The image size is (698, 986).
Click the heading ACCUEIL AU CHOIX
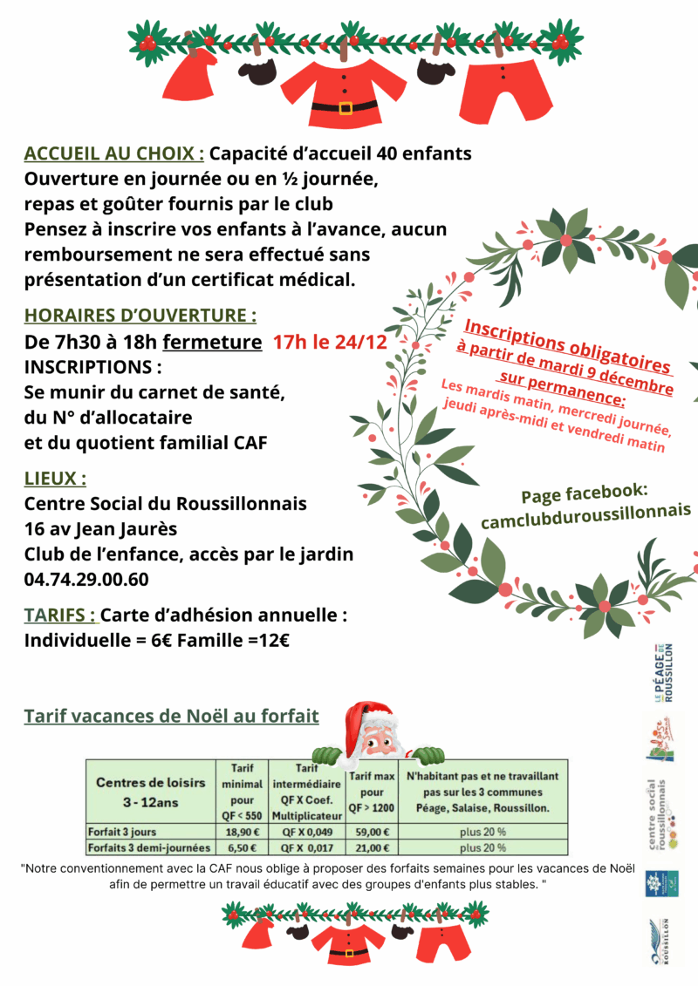[x=114, y=154]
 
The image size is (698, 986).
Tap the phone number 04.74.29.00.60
[x=86, y=579]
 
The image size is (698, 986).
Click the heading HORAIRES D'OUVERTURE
[x=140, y=315]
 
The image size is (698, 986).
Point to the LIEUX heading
[x=55, y=479]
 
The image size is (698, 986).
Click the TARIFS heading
[x=60, y=615]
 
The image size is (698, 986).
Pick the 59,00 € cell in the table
[x=372, y=831]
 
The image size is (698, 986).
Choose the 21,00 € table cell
[x=372, y=847]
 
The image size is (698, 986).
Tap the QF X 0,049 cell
[x=306, y=831]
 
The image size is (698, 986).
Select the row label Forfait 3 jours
[x=122, y=831]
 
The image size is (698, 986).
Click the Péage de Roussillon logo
[x=664, y=672]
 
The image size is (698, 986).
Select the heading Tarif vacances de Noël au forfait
[x=171, y=717]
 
